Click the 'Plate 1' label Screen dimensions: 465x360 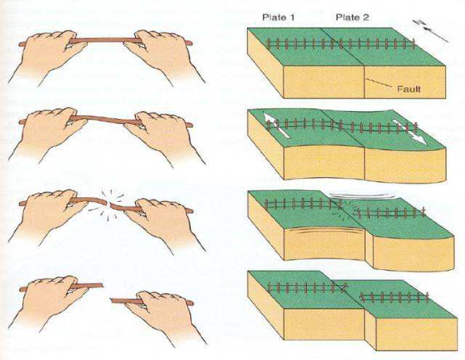278,17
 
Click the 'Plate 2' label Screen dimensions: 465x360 352,17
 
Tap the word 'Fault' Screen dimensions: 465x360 408,89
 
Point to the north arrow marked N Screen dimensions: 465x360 431,30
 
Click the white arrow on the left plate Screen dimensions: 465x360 277,126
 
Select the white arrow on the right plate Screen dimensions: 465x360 410,132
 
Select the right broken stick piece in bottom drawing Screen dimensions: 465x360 152,301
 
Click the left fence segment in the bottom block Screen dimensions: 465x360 307,287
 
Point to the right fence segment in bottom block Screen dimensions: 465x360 395,297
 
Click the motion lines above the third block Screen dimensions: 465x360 362,195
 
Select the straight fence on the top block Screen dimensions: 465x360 341,44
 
